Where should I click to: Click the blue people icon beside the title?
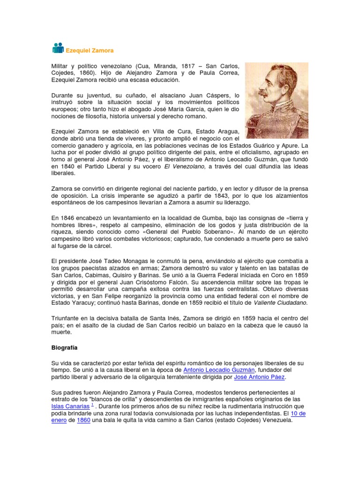coord(58,48)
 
